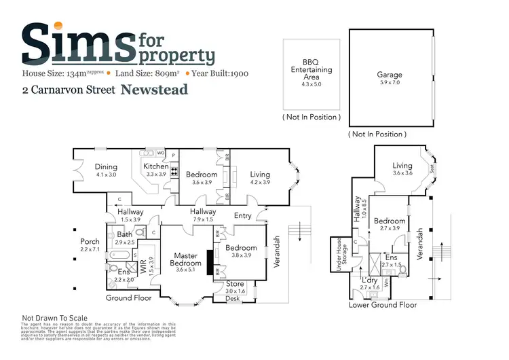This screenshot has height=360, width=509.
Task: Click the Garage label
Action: pos(390,75)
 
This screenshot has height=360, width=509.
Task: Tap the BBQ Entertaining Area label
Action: pos(312,70)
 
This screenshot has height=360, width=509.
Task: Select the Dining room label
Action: pos(106,166)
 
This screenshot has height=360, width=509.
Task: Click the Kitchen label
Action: pos(155,166)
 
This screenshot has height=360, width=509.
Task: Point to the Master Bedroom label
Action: pos(185,259)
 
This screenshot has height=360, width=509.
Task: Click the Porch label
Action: pos(90,241)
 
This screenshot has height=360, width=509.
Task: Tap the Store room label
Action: pos(235,283)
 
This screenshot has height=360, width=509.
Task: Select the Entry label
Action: pos(242,215)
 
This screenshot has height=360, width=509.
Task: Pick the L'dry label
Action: pos(370,280)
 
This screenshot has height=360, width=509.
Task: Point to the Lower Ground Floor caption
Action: pos(383,305)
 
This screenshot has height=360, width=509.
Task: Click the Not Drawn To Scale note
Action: pos(55,317)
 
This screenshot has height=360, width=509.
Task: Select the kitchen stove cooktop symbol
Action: pos(174,171)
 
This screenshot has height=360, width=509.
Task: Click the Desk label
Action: pos(233,298)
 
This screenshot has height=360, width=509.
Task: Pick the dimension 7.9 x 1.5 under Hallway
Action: pos(203,219)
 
